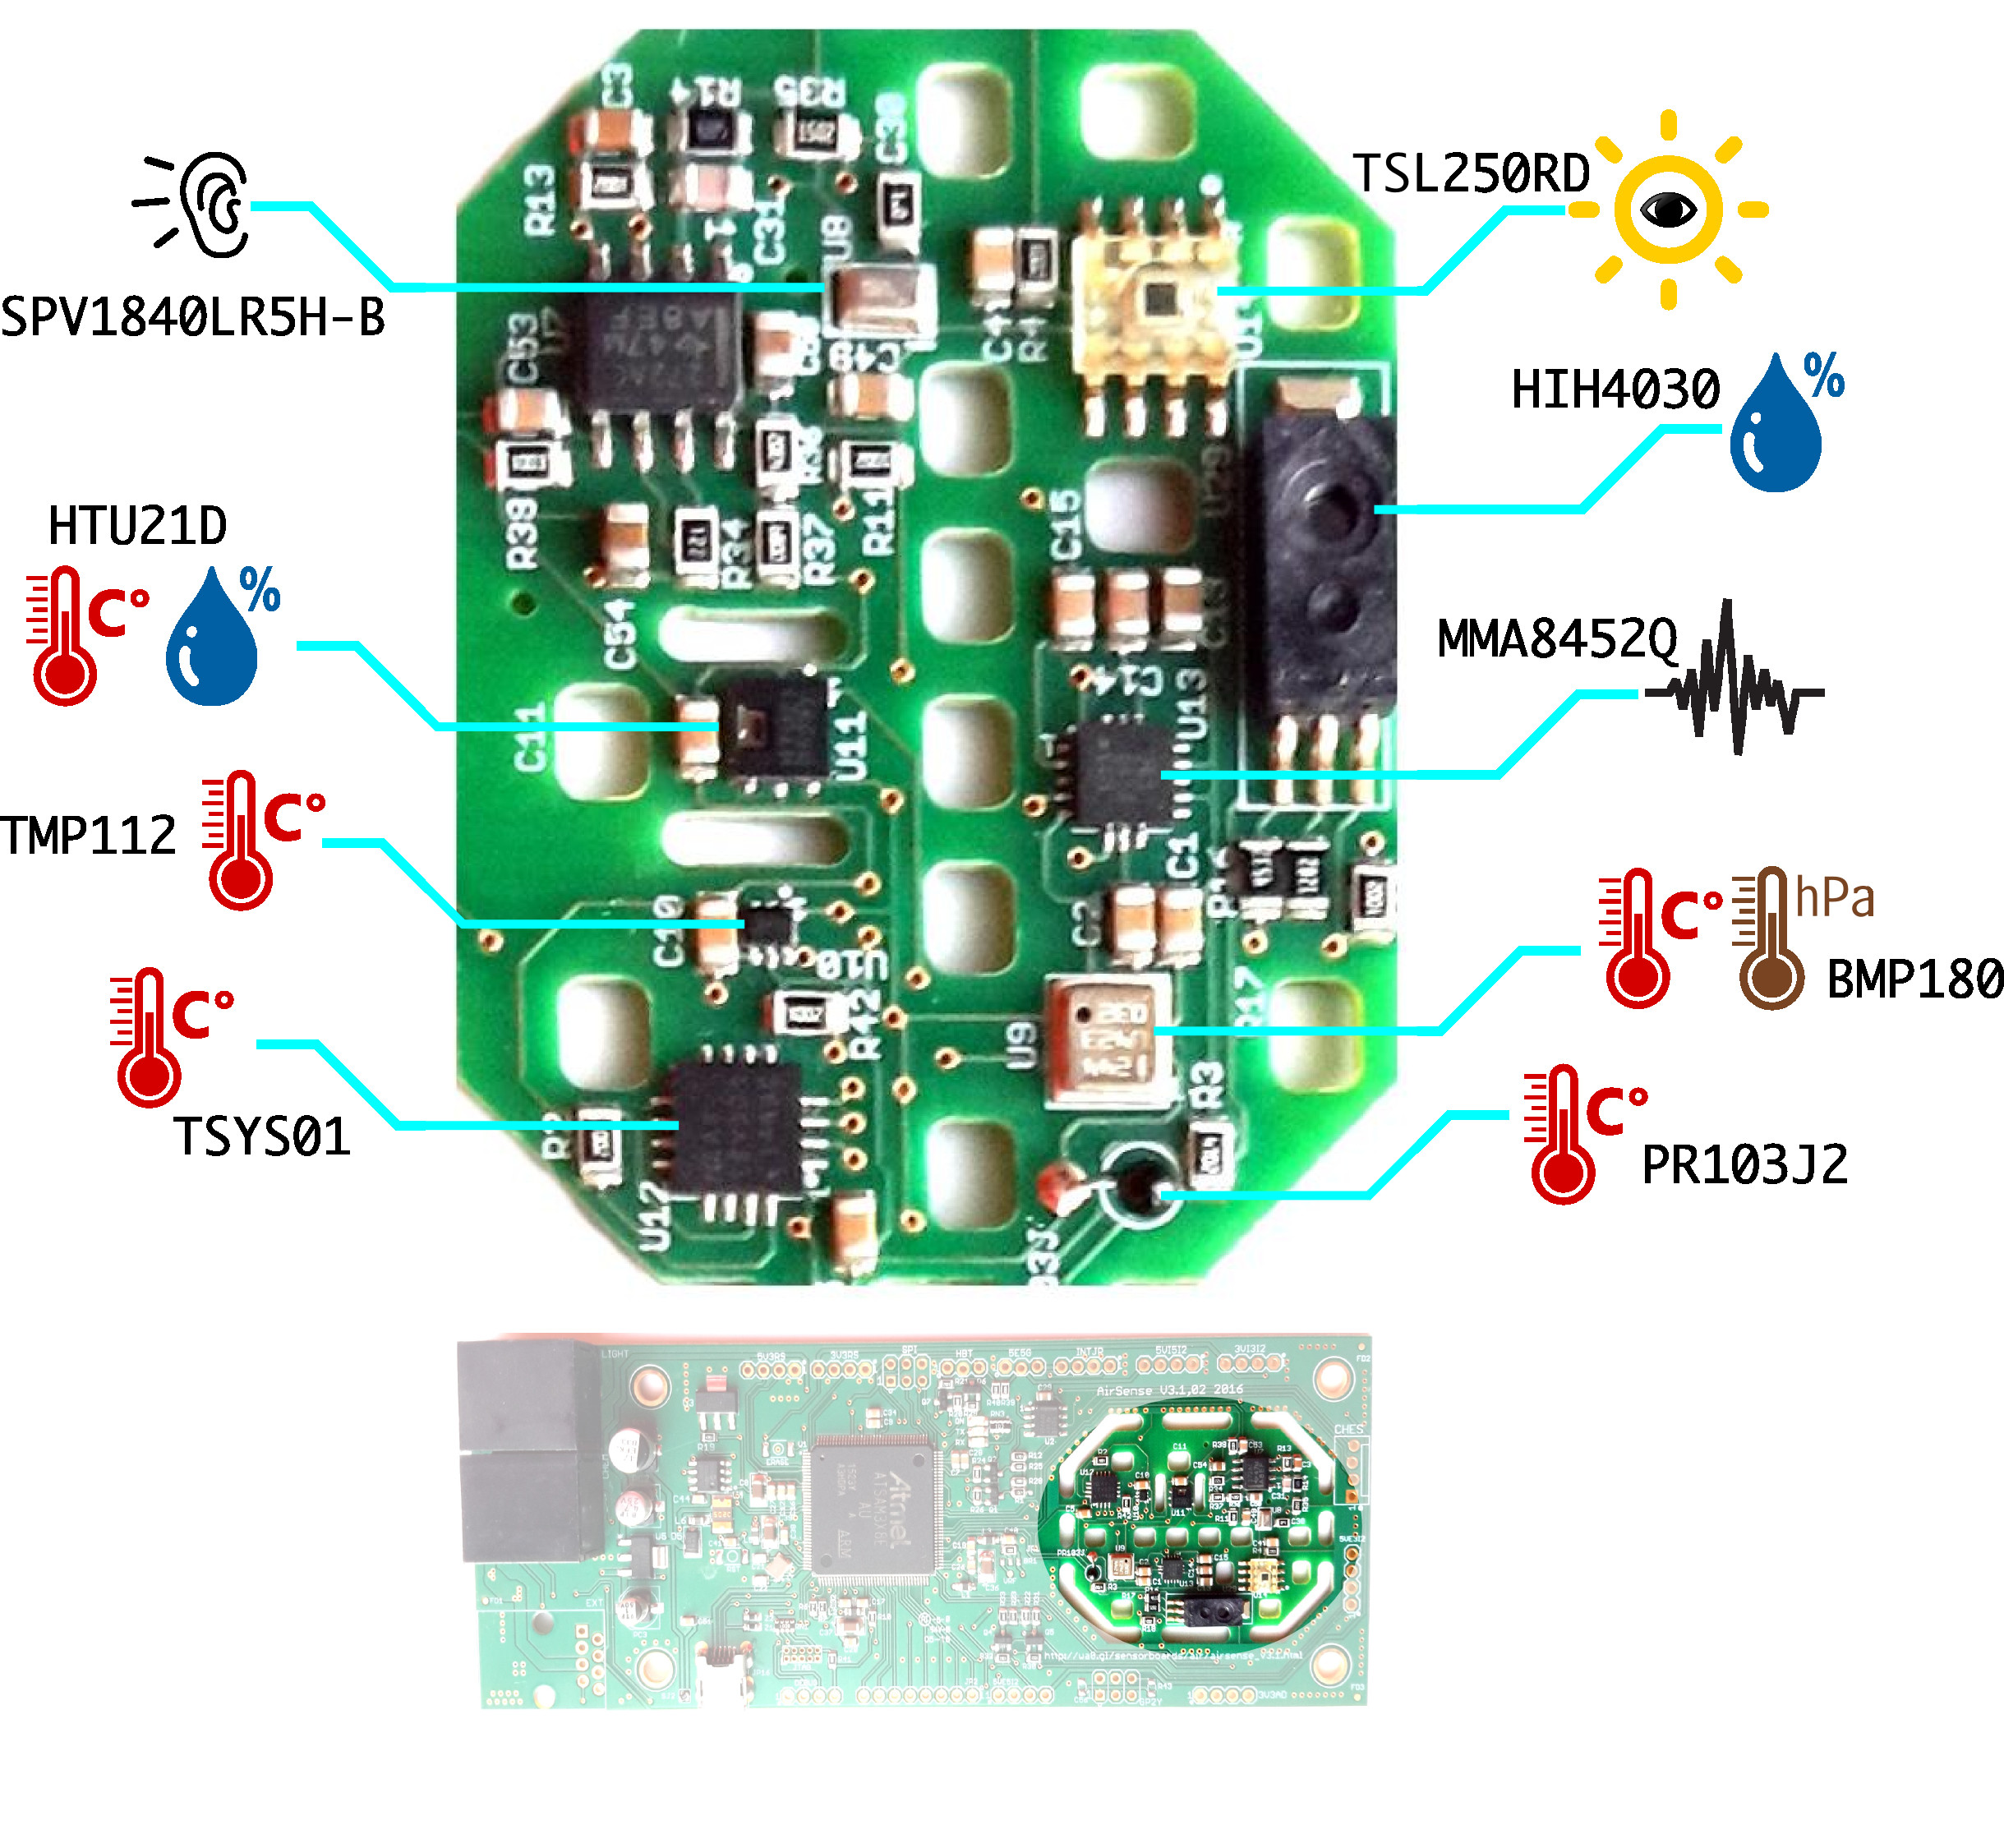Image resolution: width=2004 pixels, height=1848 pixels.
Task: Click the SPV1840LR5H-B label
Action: coord(192,318)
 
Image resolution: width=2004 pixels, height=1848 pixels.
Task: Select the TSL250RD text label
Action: coord(1470,174)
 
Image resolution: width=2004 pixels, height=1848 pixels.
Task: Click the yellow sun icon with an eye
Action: coord(1667,210)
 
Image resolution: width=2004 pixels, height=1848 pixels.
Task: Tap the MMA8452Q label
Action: coord(1556,639)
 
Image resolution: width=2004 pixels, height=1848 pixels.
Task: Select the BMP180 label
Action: coord(1914,980)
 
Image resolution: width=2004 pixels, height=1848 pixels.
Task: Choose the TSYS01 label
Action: coord(262,1137)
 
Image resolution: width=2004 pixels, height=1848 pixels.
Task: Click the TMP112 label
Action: coord(88,836)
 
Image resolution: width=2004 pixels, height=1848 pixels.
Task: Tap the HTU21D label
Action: coord(138,526)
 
